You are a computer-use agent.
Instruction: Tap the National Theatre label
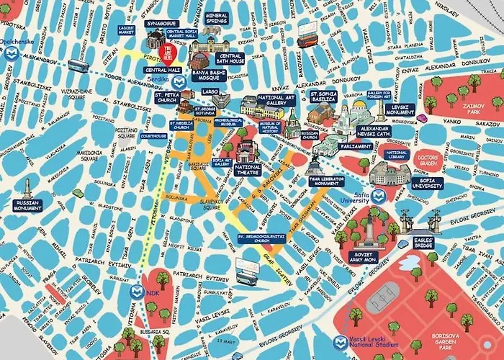[x=248, y=170]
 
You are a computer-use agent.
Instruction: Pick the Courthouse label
[x=154, y=135]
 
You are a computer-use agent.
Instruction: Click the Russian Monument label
[x=27, y=206]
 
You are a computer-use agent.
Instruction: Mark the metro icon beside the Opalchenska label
[x=8, y=42]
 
